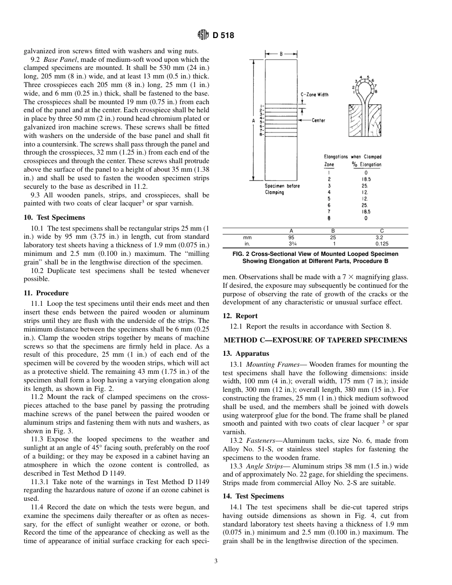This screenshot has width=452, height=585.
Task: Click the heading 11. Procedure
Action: [46, 293]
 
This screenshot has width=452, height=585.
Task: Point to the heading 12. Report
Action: [240, 316]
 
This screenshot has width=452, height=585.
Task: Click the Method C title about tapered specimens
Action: [315, 340]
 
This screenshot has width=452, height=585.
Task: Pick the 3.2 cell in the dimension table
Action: [379, 237]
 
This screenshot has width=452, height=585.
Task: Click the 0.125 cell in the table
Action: [381, 244]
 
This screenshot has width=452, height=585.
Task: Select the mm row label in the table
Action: [247, 237]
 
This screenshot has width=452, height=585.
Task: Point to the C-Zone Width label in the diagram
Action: [314, 95]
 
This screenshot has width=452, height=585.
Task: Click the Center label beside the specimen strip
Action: [318, 120]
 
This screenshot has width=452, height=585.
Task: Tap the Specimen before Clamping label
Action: [282, 189]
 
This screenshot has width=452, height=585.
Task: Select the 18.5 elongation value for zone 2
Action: [365, 179]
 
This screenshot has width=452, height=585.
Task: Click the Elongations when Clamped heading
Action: [353, 156]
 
